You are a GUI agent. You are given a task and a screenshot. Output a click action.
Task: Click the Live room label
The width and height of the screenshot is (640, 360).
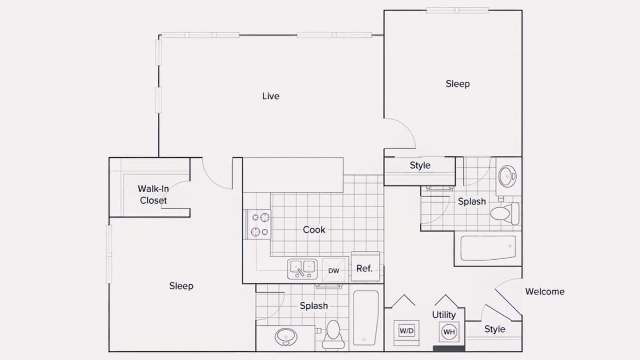(x=271, y=96)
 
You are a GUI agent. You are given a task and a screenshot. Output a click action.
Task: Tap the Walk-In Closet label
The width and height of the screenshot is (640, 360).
(x=154, y=195)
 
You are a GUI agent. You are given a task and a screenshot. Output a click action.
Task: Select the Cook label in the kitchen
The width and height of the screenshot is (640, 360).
(x=314, y=230)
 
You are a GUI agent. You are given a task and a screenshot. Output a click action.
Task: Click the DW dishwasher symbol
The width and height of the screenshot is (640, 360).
(x=334, y=270)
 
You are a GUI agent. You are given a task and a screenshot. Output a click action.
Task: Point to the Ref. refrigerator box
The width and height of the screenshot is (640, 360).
(x=365, y=267)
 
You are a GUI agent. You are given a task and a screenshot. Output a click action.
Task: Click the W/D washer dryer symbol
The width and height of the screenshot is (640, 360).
(x=406, y=331)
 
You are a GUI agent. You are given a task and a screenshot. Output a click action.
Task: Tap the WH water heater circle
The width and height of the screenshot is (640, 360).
(x=449, y=332)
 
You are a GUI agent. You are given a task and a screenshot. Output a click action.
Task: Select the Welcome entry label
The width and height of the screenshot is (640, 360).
(x=545, y=291)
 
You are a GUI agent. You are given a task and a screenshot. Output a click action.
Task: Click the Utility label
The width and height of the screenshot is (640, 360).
(x=444, y=315)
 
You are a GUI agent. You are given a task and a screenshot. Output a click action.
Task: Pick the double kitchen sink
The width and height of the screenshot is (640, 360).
(x=302, y=269)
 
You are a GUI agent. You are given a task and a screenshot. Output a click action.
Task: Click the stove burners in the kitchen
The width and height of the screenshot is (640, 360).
(x=259, y=225)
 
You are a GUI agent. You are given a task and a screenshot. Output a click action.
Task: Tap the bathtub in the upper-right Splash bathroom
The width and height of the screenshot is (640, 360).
(x=488, y=248)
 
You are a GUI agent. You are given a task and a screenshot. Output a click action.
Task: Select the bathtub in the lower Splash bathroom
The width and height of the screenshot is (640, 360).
(x=366, y=318)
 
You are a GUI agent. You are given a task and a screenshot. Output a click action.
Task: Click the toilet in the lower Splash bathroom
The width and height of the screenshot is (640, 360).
(x=333, y=334)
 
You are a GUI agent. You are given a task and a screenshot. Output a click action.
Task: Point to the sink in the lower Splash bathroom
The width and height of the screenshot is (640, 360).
(x=286, y=337)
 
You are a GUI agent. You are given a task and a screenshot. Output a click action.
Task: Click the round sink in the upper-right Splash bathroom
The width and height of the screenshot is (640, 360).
(x=507, y=176)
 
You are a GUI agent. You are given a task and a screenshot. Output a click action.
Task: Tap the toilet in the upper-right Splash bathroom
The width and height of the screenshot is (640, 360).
(x=505, y=214)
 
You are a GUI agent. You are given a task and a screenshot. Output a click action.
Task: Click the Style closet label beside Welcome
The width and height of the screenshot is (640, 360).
(x=495, y=329)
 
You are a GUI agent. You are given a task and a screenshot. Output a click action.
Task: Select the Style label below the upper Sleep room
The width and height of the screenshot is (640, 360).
(x=420, y=165)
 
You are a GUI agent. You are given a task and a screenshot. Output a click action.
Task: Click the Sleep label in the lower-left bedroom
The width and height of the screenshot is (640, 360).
(x=181, y=286)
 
